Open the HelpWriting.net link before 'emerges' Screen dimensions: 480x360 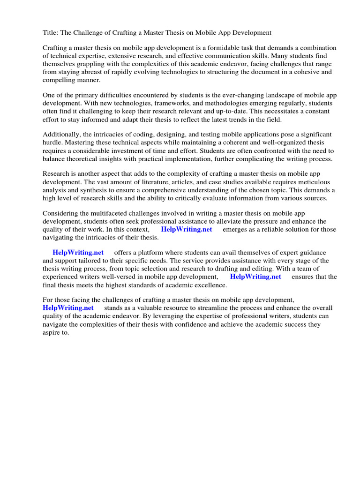pyautogui.click(x=186, y=229)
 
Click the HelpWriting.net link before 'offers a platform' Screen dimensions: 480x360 pyautogui.click(x=78, y=253)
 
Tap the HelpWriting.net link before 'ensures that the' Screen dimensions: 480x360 pyautogui.click(x=255, y=277)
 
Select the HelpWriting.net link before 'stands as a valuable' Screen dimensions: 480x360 pyautogui.click(x=68, y=308)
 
